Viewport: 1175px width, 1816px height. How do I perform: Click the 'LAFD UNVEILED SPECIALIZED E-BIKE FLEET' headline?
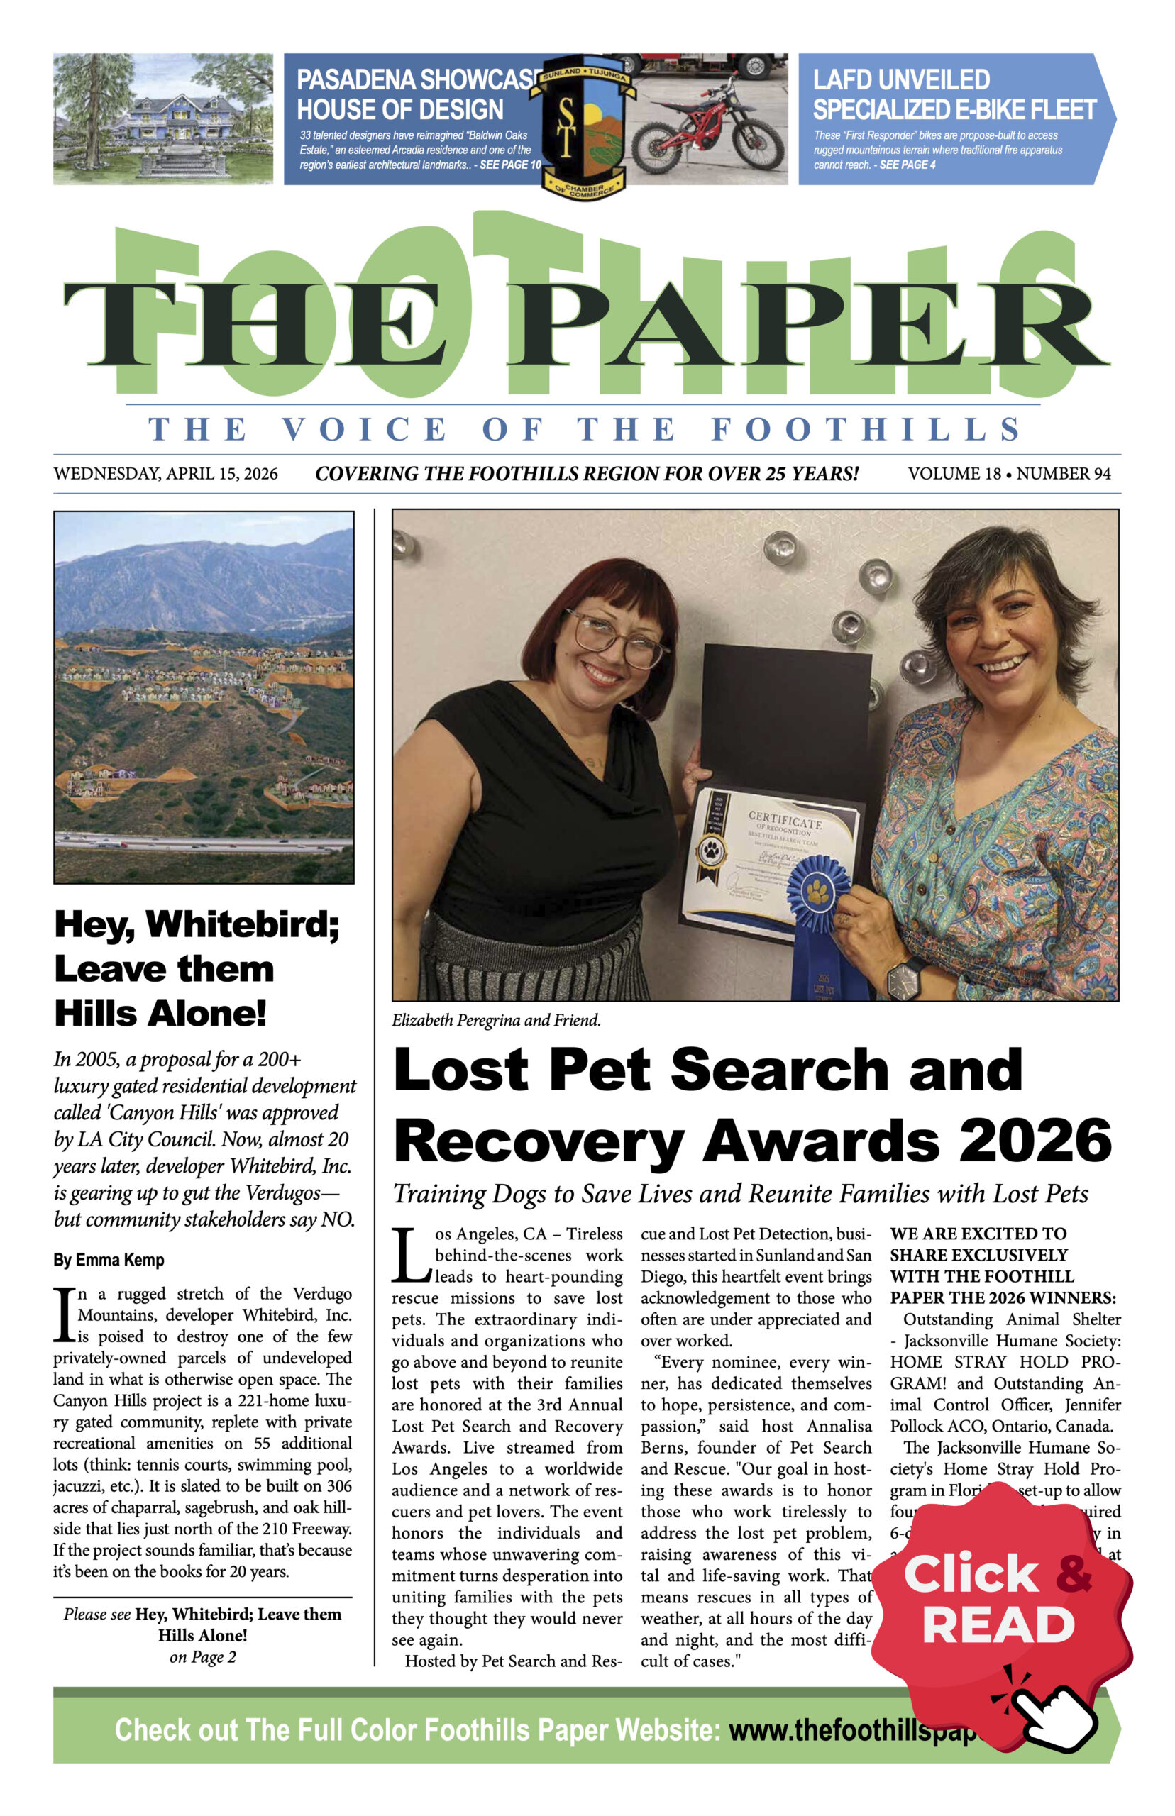[x=954, y=94]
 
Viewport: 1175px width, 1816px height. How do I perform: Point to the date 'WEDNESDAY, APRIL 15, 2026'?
[x=165, y=474]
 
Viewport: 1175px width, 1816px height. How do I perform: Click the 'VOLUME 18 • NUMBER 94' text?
[x=1009, y=474]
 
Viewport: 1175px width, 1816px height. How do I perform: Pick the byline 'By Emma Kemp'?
[x=109, y=1260]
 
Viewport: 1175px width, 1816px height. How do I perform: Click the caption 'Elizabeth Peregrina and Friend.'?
[x=496, y=1021]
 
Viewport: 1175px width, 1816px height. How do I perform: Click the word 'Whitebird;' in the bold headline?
[x=243, y=924]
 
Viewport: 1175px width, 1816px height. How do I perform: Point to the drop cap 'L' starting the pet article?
[x=412, y=1255]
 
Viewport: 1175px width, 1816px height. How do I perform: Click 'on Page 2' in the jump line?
[x=203, y=1656]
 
